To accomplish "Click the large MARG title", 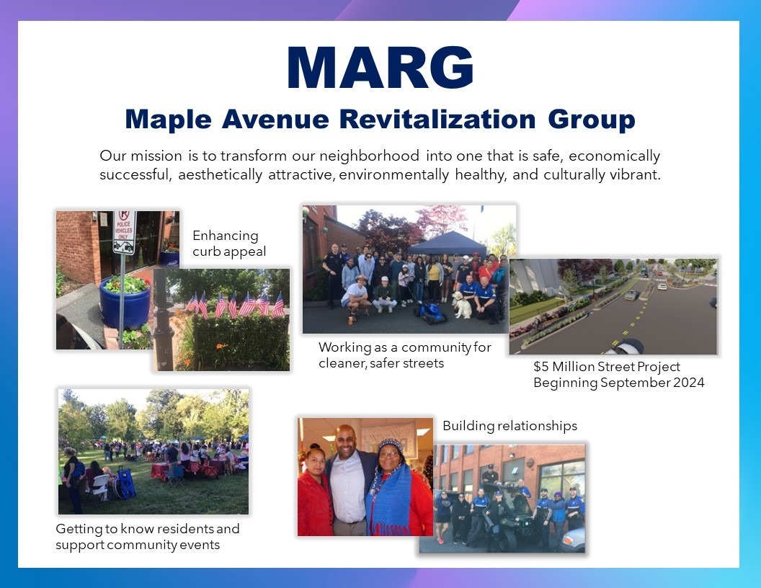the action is [x=380, y=68].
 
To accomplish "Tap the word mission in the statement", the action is [x=156, y=156].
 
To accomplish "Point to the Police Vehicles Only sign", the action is [x=124, y=232].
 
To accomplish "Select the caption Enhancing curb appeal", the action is [x=229, y=244].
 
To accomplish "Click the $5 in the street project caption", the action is [x=541, y=366].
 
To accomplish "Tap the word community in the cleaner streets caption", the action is [x=436, y=347].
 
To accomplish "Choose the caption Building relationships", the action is [x=509, y=426].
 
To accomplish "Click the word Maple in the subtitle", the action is [x=168, y=120].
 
